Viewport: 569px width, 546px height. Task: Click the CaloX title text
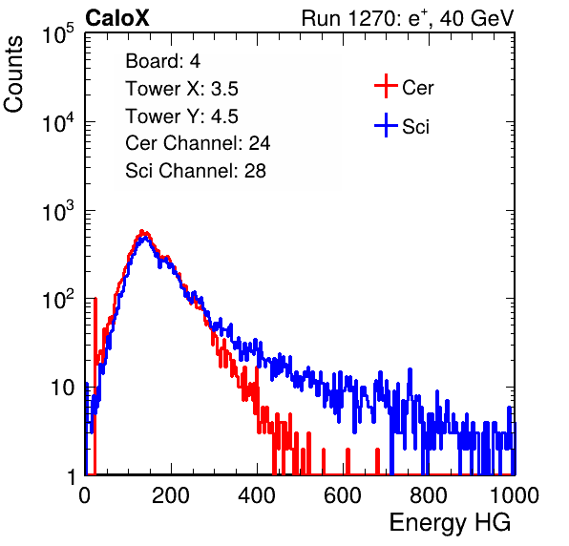pyautogui.click(x=117, y=18)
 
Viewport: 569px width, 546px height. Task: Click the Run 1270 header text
pyautogui.click(x=408, y=18)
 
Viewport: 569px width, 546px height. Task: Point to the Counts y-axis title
pyautogui.click(x=13, y=74)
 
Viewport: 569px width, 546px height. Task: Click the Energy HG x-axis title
pyautogui.click(x=450, y=523)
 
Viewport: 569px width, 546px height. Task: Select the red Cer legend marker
pyautogui.click(x=386, y=86)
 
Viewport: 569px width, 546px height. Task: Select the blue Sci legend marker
pyautogui.click(x=386, y=125)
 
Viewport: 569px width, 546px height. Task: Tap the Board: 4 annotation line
pyautogui.click(x=162, y=60)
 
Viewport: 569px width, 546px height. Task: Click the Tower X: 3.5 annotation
pyautogui.click(x=181, y=89)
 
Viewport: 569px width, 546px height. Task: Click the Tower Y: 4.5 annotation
pyautogui.click(x=181, y=116)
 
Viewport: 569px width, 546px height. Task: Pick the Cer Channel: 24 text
pyautogui.click(x=198, y=143)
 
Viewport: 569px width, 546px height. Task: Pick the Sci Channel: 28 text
pyautogui.click(x=196, y=171)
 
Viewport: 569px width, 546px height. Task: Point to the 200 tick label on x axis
pyautogui.click(x=171, y=495)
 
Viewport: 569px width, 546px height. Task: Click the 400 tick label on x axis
pyautogui.click(x=257, y=495)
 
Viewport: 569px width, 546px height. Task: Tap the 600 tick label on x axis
pyautogui.click(x=343, y=495)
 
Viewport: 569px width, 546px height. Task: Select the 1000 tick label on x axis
pyautogui.click(x=515, y=495)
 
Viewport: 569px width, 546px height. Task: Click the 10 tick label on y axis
pyautogui.click(x=63, y=388)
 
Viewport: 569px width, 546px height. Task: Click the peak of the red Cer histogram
pyautogui.click(x=142, y=231)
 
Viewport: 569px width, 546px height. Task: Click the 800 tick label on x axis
pyautogui.click(x=429, y=495)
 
